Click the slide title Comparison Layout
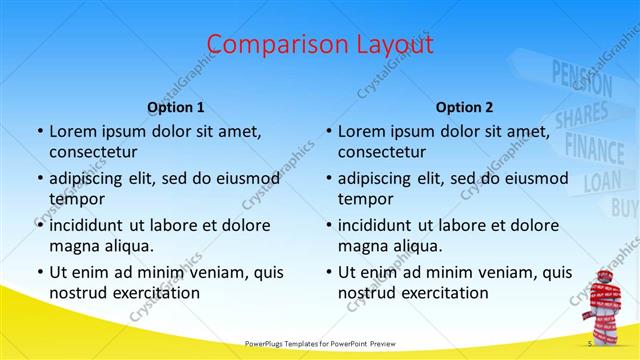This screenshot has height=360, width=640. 320,45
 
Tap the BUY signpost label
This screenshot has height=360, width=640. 624,207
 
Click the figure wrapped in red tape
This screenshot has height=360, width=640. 607,305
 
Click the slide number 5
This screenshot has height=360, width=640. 590,344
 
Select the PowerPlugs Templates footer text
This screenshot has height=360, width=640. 320,344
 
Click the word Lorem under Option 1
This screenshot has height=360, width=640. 73,131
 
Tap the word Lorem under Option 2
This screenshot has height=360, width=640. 361,131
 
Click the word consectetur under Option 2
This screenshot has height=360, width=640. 384,152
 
